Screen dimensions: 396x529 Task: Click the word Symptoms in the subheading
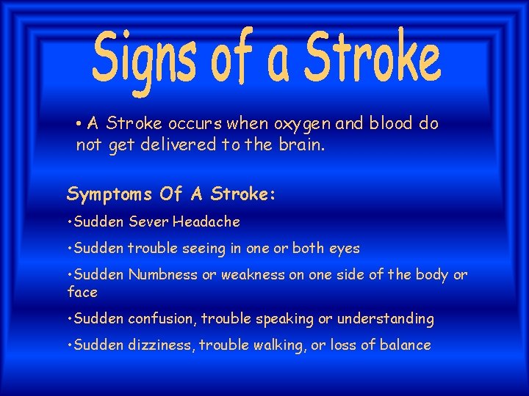pos(109,194)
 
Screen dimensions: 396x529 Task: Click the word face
pos(82,292)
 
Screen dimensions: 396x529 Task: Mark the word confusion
pos(161,319)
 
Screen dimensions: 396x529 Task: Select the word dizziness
pos(159,345)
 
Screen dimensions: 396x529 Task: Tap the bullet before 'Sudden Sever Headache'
pos(70,221)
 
